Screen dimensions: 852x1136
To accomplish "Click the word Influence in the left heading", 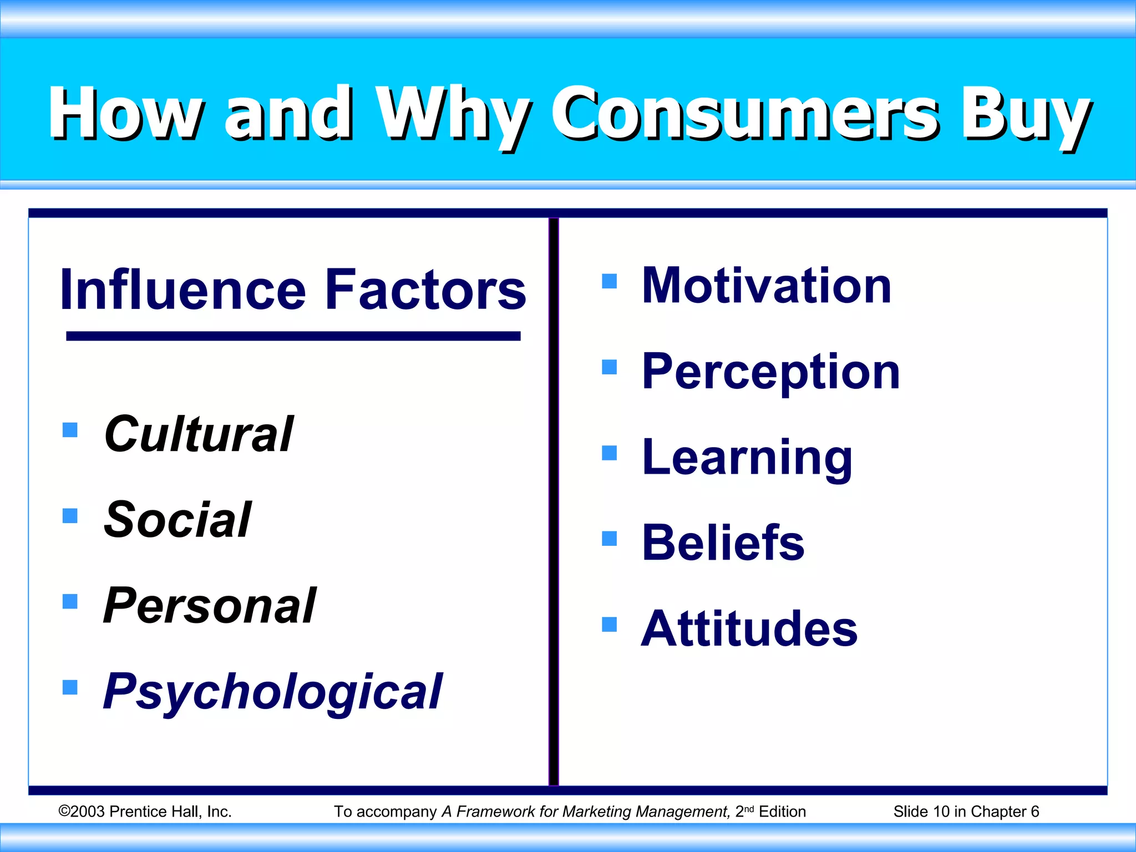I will (183, 290).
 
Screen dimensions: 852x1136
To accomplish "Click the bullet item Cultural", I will (199, 434).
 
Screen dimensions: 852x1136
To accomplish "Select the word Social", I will (177, 520).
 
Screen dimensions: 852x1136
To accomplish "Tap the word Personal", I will (210, 606).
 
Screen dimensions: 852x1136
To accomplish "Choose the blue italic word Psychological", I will (273, 692).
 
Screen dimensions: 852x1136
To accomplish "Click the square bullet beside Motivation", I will (609, 281).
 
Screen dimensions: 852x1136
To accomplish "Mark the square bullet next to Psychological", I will (70, 687).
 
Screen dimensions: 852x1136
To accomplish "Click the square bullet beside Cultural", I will (70, 430).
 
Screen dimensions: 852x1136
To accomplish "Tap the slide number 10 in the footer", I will (941, 812).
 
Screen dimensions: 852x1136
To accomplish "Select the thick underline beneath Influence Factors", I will (293, 336).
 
